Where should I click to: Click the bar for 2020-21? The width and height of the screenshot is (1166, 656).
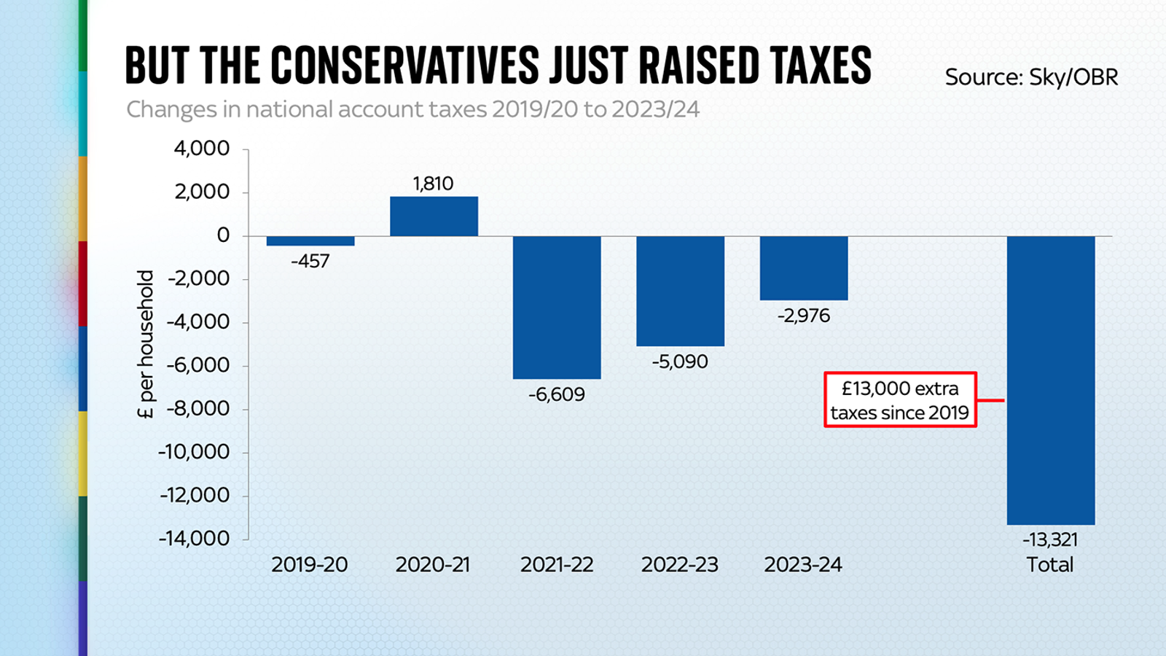(x=434, y=216)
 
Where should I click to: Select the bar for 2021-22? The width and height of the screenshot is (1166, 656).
(x=557, y=307)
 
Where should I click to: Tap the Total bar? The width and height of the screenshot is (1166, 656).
(x=1050, y=380)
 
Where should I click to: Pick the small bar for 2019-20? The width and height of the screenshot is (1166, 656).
(x=310, y=241)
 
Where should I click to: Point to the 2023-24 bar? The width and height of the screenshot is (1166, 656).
(x=803, y=268)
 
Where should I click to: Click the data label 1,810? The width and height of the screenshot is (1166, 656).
(x=433, y=184)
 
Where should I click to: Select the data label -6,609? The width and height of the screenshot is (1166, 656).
(x=557, y=394)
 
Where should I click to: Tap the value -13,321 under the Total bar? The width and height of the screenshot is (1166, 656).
(x=1049, y=539)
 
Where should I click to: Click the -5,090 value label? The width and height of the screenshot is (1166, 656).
(x=680, y=362)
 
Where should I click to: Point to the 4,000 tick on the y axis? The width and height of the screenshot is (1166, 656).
(x=201, y=149)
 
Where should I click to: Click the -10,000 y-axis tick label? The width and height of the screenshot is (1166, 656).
(x=194, y=452)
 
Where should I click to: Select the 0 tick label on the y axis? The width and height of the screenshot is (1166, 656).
(x=223, y=235)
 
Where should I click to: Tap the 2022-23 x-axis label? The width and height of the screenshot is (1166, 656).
(x=679, y=565)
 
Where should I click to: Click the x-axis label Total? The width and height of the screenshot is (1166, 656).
(x=1049, y=565)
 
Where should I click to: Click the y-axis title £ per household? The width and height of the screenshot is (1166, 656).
(x=146, y=344)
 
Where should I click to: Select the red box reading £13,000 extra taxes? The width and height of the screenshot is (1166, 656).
(x=900, y=400)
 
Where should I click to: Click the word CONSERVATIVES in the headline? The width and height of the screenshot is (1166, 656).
(x=405, y=66)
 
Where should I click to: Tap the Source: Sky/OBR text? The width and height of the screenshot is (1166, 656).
(x=1031, y=77)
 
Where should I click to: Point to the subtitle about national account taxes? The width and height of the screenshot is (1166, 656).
(x=412, y=109)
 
